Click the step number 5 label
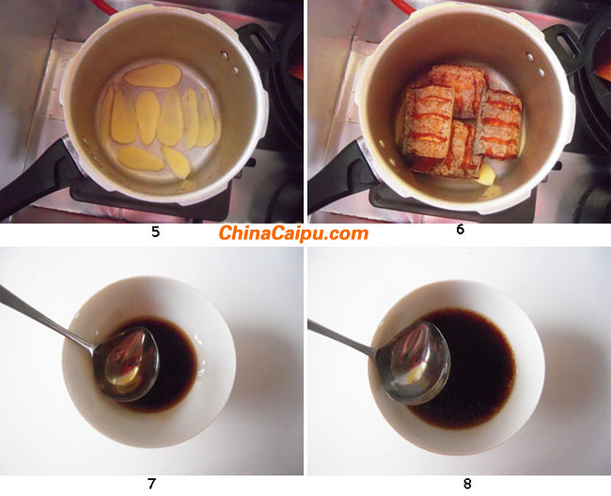(x=155, y=232)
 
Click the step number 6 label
(x=461, y=230)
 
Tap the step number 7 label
(x=151, y=484)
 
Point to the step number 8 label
(x=467, y=484)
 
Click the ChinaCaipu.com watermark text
(x=293, y=233)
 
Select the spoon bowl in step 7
(x=127, y=364)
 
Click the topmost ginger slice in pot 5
(x=153, y=75)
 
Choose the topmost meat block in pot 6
(x=457, y=89)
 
